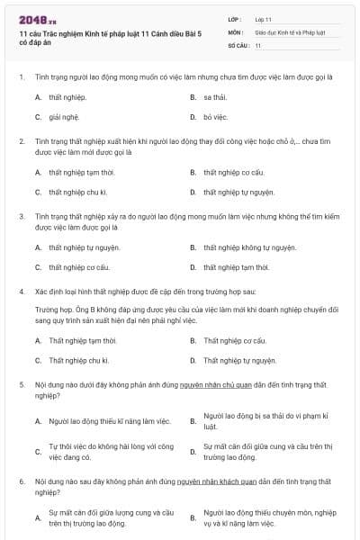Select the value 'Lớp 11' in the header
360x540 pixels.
(x=263, y=18)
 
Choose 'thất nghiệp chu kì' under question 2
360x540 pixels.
(x=78, y=192)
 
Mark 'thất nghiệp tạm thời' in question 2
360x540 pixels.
(x=81, y=172)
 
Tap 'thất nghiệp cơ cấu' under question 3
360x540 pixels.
(x=79, y=267)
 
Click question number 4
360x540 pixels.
(x=21, y=292)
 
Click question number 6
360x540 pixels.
(x=21, y=482)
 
